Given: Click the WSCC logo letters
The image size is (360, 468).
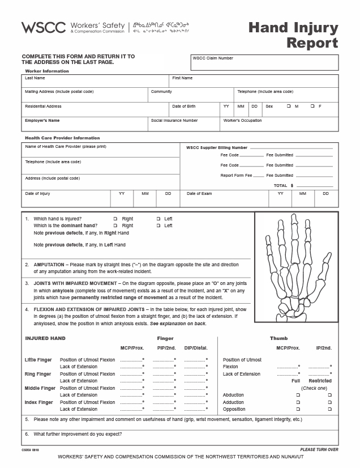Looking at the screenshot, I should coord(44,27).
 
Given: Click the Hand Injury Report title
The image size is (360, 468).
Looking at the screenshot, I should coord(294,35).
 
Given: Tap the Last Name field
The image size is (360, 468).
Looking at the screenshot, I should coord(96,83).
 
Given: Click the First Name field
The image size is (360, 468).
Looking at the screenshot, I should coord(254,83).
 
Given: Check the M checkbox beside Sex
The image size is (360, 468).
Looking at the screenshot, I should coord(289,107).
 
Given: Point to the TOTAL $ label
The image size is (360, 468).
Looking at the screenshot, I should coord(284,185).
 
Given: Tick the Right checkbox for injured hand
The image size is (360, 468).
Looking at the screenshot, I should coord(115,219).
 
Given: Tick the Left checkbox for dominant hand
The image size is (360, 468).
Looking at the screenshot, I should coord(158,226).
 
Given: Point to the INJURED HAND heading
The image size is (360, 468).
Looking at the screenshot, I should coord(45,338).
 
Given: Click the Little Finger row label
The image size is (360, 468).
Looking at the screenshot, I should coord(38,360).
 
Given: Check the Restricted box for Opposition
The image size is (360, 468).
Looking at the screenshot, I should coord(329,409).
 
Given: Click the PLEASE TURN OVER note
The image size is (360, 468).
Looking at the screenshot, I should coord(319,449).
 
